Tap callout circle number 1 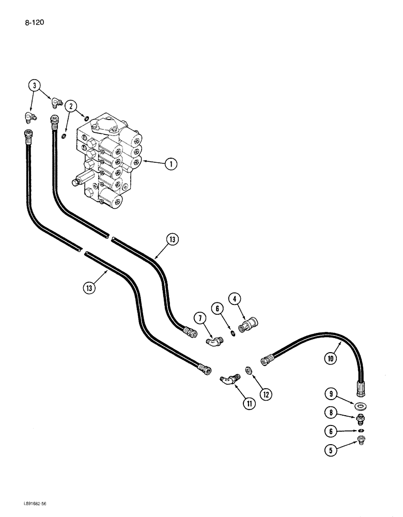pos(171,164)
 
